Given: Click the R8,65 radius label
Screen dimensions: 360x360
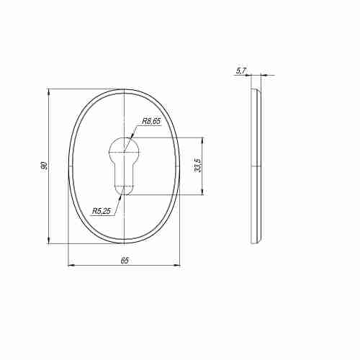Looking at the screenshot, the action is click(151, 121).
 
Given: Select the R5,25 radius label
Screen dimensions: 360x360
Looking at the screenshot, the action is click(102, 211).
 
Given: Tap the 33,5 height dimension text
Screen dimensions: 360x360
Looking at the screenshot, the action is click(198, 165).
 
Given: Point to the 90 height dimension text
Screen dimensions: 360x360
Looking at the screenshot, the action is click(44, 166).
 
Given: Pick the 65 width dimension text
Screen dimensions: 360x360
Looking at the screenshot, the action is click(125, 261).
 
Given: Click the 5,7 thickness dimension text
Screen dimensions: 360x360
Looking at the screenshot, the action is click(241, 71).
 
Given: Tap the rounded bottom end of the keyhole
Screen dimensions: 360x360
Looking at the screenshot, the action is click(124, 191).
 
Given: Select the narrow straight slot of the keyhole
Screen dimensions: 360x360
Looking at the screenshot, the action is click(124, 174).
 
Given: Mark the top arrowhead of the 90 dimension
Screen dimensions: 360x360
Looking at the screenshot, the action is click(49, 92).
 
